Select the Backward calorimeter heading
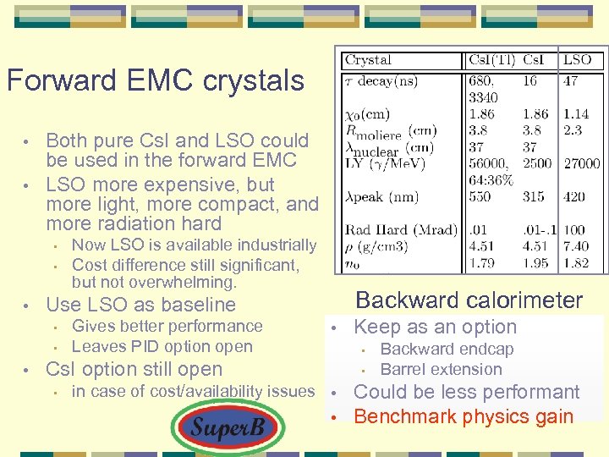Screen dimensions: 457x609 click(469, 300)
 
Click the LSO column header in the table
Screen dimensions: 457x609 click(577, 60)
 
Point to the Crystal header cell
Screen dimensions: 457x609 click(369, 60)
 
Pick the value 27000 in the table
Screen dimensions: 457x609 click(581, 163)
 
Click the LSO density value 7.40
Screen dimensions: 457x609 click(576, 246)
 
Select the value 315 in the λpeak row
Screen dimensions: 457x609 click(534, 196)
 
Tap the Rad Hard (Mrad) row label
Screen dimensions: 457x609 click(400, 230)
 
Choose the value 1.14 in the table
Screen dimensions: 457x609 click(576, 114)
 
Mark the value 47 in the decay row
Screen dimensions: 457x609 click(571, 81)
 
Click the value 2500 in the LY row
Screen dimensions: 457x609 click(537, 163)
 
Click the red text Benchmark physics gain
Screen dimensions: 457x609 click(463, 416)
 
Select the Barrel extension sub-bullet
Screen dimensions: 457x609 click(441, 369)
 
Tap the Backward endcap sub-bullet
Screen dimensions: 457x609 click(447, 349)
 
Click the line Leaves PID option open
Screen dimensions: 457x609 click(162, 346)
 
